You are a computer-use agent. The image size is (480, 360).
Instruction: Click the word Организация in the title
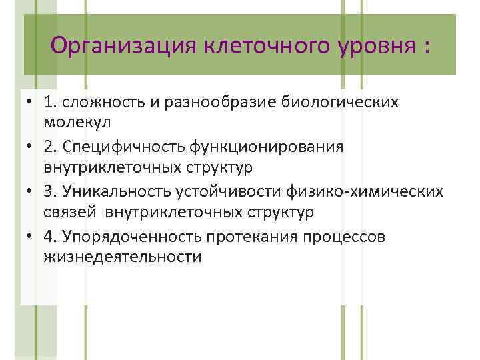click(124, 47)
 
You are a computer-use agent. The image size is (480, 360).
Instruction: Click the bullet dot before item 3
click(31, 191)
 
